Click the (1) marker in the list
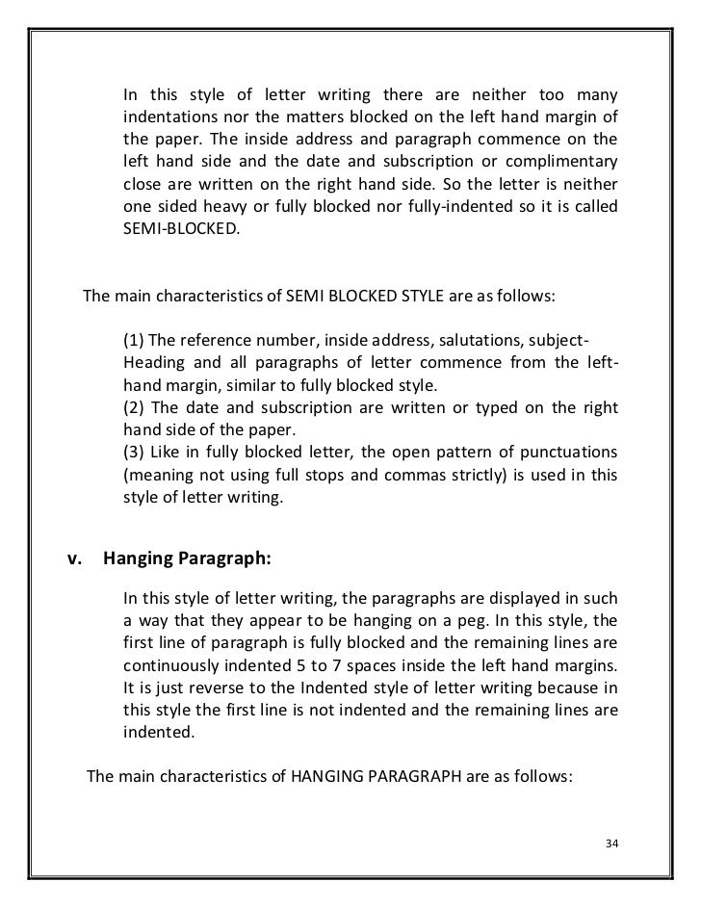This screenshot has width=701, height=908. point(135,345)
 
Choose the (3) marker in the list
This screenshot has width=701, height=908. point(135,453)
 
